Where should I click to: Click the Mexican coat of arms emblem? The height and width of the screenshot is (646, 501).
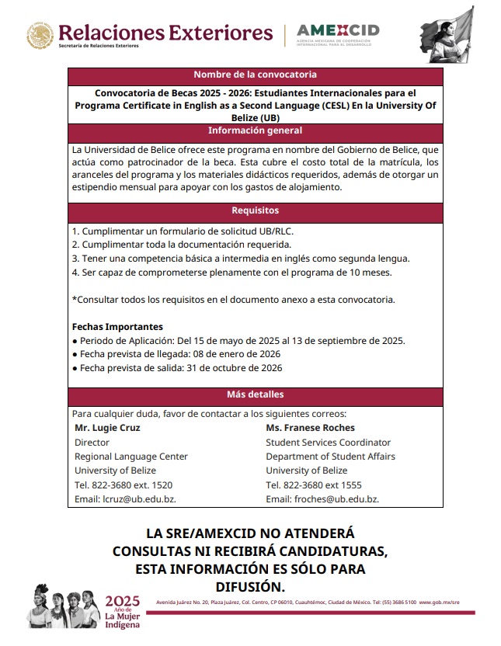point(40,35)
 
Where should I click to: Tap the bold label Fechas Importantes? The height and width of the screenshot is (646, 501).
point(117,327)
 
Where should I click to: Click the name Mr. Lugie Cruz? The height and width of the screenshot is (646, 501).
point(107,428)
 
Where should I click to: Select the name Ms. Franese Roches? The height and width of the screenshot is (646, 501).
point(310,428)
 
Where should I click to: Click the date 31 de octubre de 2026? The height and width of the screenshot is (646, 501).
point(234,368)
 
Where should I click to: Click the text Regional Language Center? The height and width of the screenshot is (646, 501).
point(130,457)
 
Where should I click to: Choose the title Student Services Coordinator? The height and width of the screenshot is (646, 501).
point(328,443)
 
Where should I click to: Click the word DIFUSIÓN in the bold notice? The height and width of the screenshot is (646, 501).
point(250,585)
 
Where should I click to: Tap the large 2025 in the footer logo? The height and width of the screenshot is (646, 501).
point(122,601)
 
